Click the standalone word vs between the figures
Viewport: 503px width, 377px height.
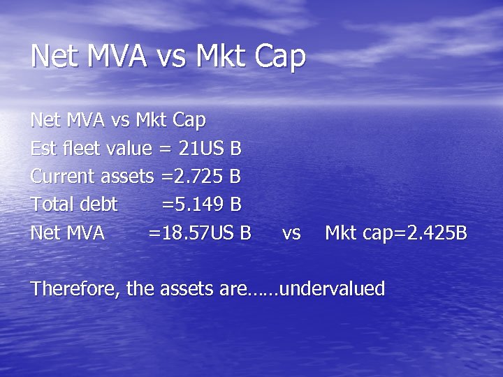291,233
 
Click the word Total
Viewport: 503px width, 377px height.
51,204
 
